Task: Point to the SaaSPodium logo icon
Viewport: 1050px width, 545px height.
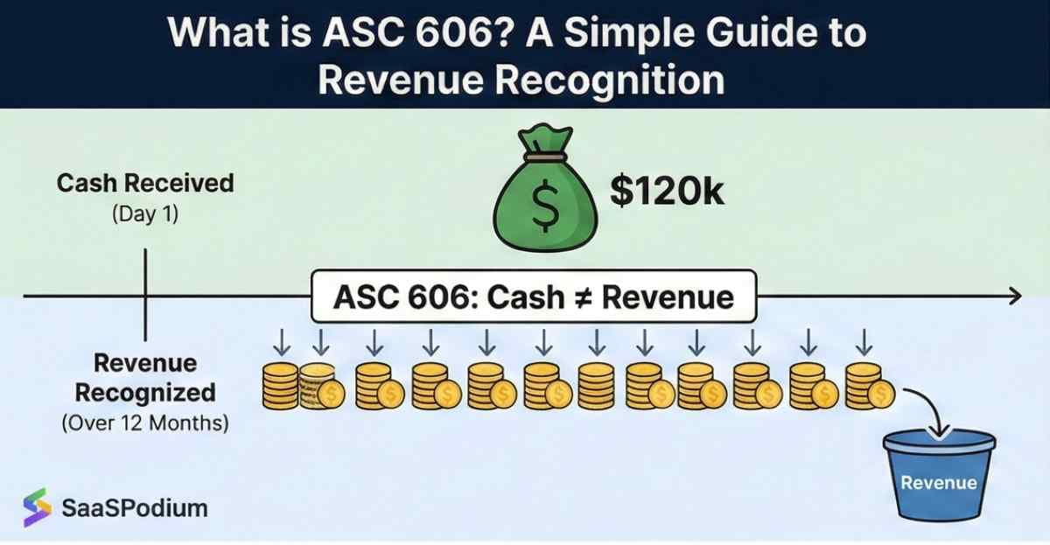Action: pyautogui.click(x=37, y=507)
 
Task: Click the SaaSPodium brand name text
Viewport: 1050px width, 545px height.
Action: pyautogui.click(x=135, y=507)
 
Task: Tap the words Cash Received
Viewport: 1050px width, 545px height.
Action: pyautogui.click(x=145, y=184)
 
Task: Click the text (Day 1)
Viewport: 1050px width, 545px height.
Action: pyautogui.click(x=145, y=213)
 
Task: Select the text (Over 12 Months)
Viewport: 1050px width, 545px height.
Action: pyautogui.click(x=145, y=424)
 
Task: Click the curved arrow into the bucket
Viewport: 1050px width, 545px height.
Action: pyautogui.click(x=928, y=409)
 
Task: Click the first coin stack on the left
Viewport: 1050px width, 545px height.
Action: pyautogui.click(x=280, y=387)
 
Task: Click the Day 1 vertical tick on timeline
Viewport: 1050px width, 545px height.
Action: pyautogui.click(x=145, y=297)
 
